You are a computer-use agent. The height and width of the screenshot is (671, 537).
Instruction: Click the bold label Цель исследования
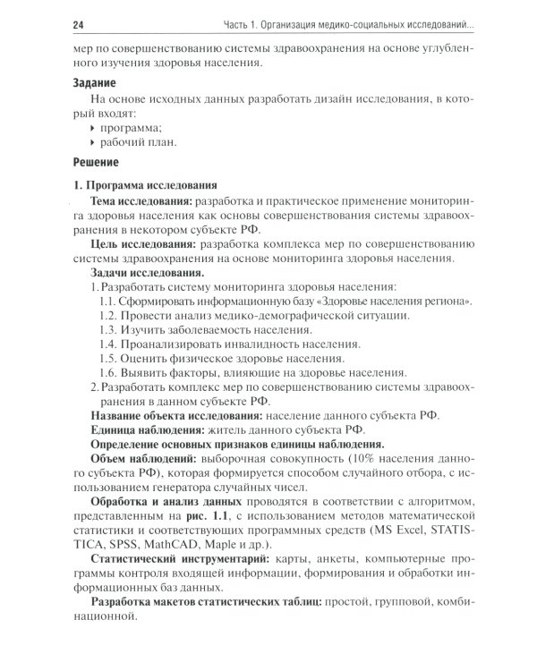(x=142, y=243)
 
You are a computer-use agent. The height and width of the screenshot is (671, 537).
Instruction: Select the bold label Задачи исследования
(x=147, y=271)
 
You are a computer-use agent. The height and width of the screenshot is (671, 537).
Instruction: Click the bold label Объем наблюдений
(x=143, y=458)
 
